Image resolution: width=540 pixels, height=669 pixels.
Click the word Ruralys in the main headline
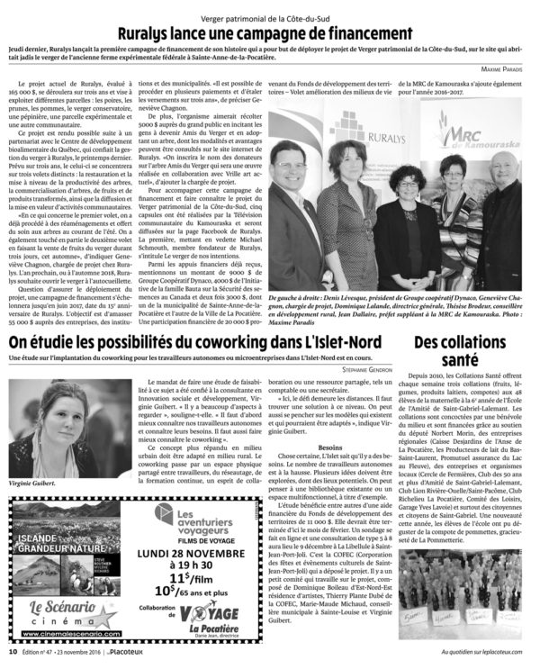159,30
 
